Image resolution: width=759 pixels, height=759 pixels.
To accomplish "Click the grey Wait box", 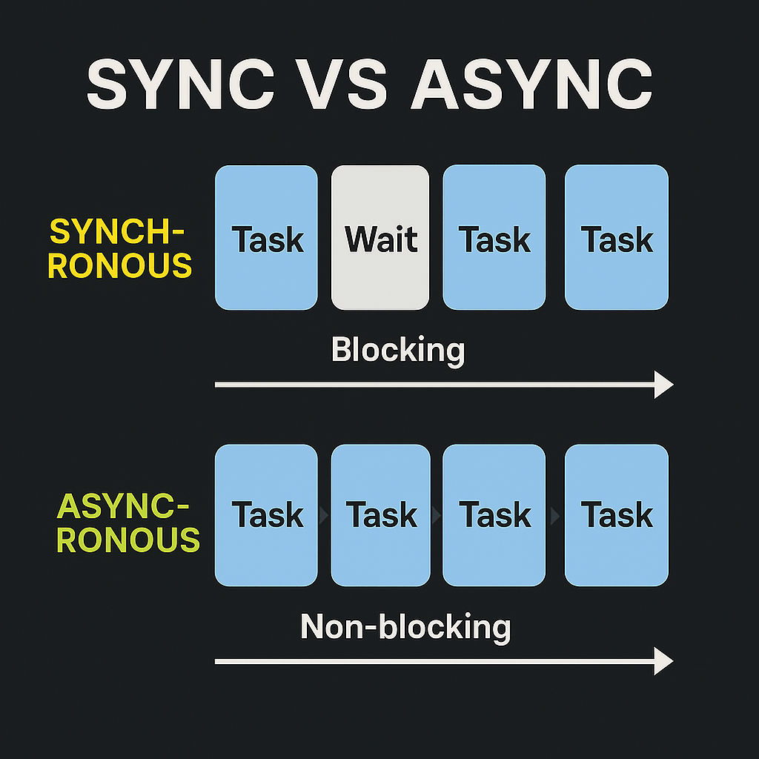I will click(x=380, y=237).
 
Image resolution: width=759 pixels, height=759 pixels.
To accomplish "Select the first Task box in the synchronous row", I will click(x=266, y=237).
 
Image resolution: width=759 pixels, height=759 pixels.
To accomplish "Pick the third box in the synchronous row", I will click(x=494, y=237).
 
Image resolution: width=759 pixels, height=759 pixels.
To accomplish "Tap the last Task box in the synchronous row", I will click(x=617, y=237).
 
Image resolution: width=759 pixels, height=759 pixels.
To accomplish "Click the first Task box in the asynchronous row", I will click(x=266, y=515).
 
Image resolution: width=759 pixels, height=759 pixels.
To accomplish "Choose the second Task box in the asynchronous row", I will click(x=380, y=515).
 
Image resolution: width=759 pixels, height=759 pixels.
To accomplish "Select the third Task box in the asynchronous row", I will click(x=494, y=515).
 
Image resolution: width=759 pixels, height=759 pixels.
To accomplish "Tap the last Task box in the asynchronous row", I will click(x=617, y=515).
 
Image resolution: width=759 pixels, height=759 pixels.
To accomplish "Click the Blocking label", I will click(x=398, y=349).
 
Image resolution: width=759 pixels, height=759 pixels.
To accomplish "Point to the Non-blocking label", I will click(x=405, y=627).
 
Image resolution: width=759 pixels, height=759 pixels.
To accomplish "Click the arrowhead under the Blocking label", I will click(x=663, y=385).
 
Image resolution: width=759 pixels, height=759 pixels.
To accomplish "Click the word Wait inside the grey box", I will click(x=381, y=240).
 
